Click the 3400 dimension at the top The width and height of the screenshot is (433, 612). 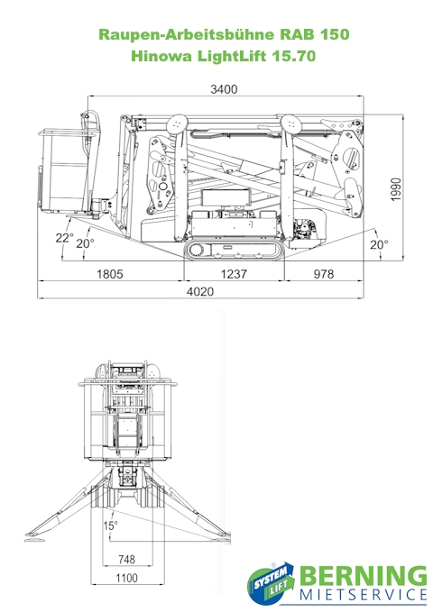point(224,89)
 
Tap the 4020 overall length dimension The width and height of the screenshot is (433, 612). point(200,291)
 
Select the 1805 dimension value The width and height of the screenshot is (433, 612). point(110,274)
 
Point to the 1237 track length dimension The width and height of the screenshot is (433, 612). point(234,274)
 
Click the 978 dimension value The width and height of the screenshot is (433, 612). point(324,274)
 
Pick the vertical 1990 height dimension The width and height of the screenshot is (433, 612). point(396,189)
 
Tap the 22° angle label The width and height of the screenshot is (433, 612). point(64,238)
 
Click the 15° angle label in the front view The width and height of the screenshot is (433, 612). point(110,525)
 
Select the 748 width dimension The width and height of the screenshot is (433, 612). point(126,560)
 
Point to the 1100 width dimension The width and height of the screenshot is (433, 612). point(126,578)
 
